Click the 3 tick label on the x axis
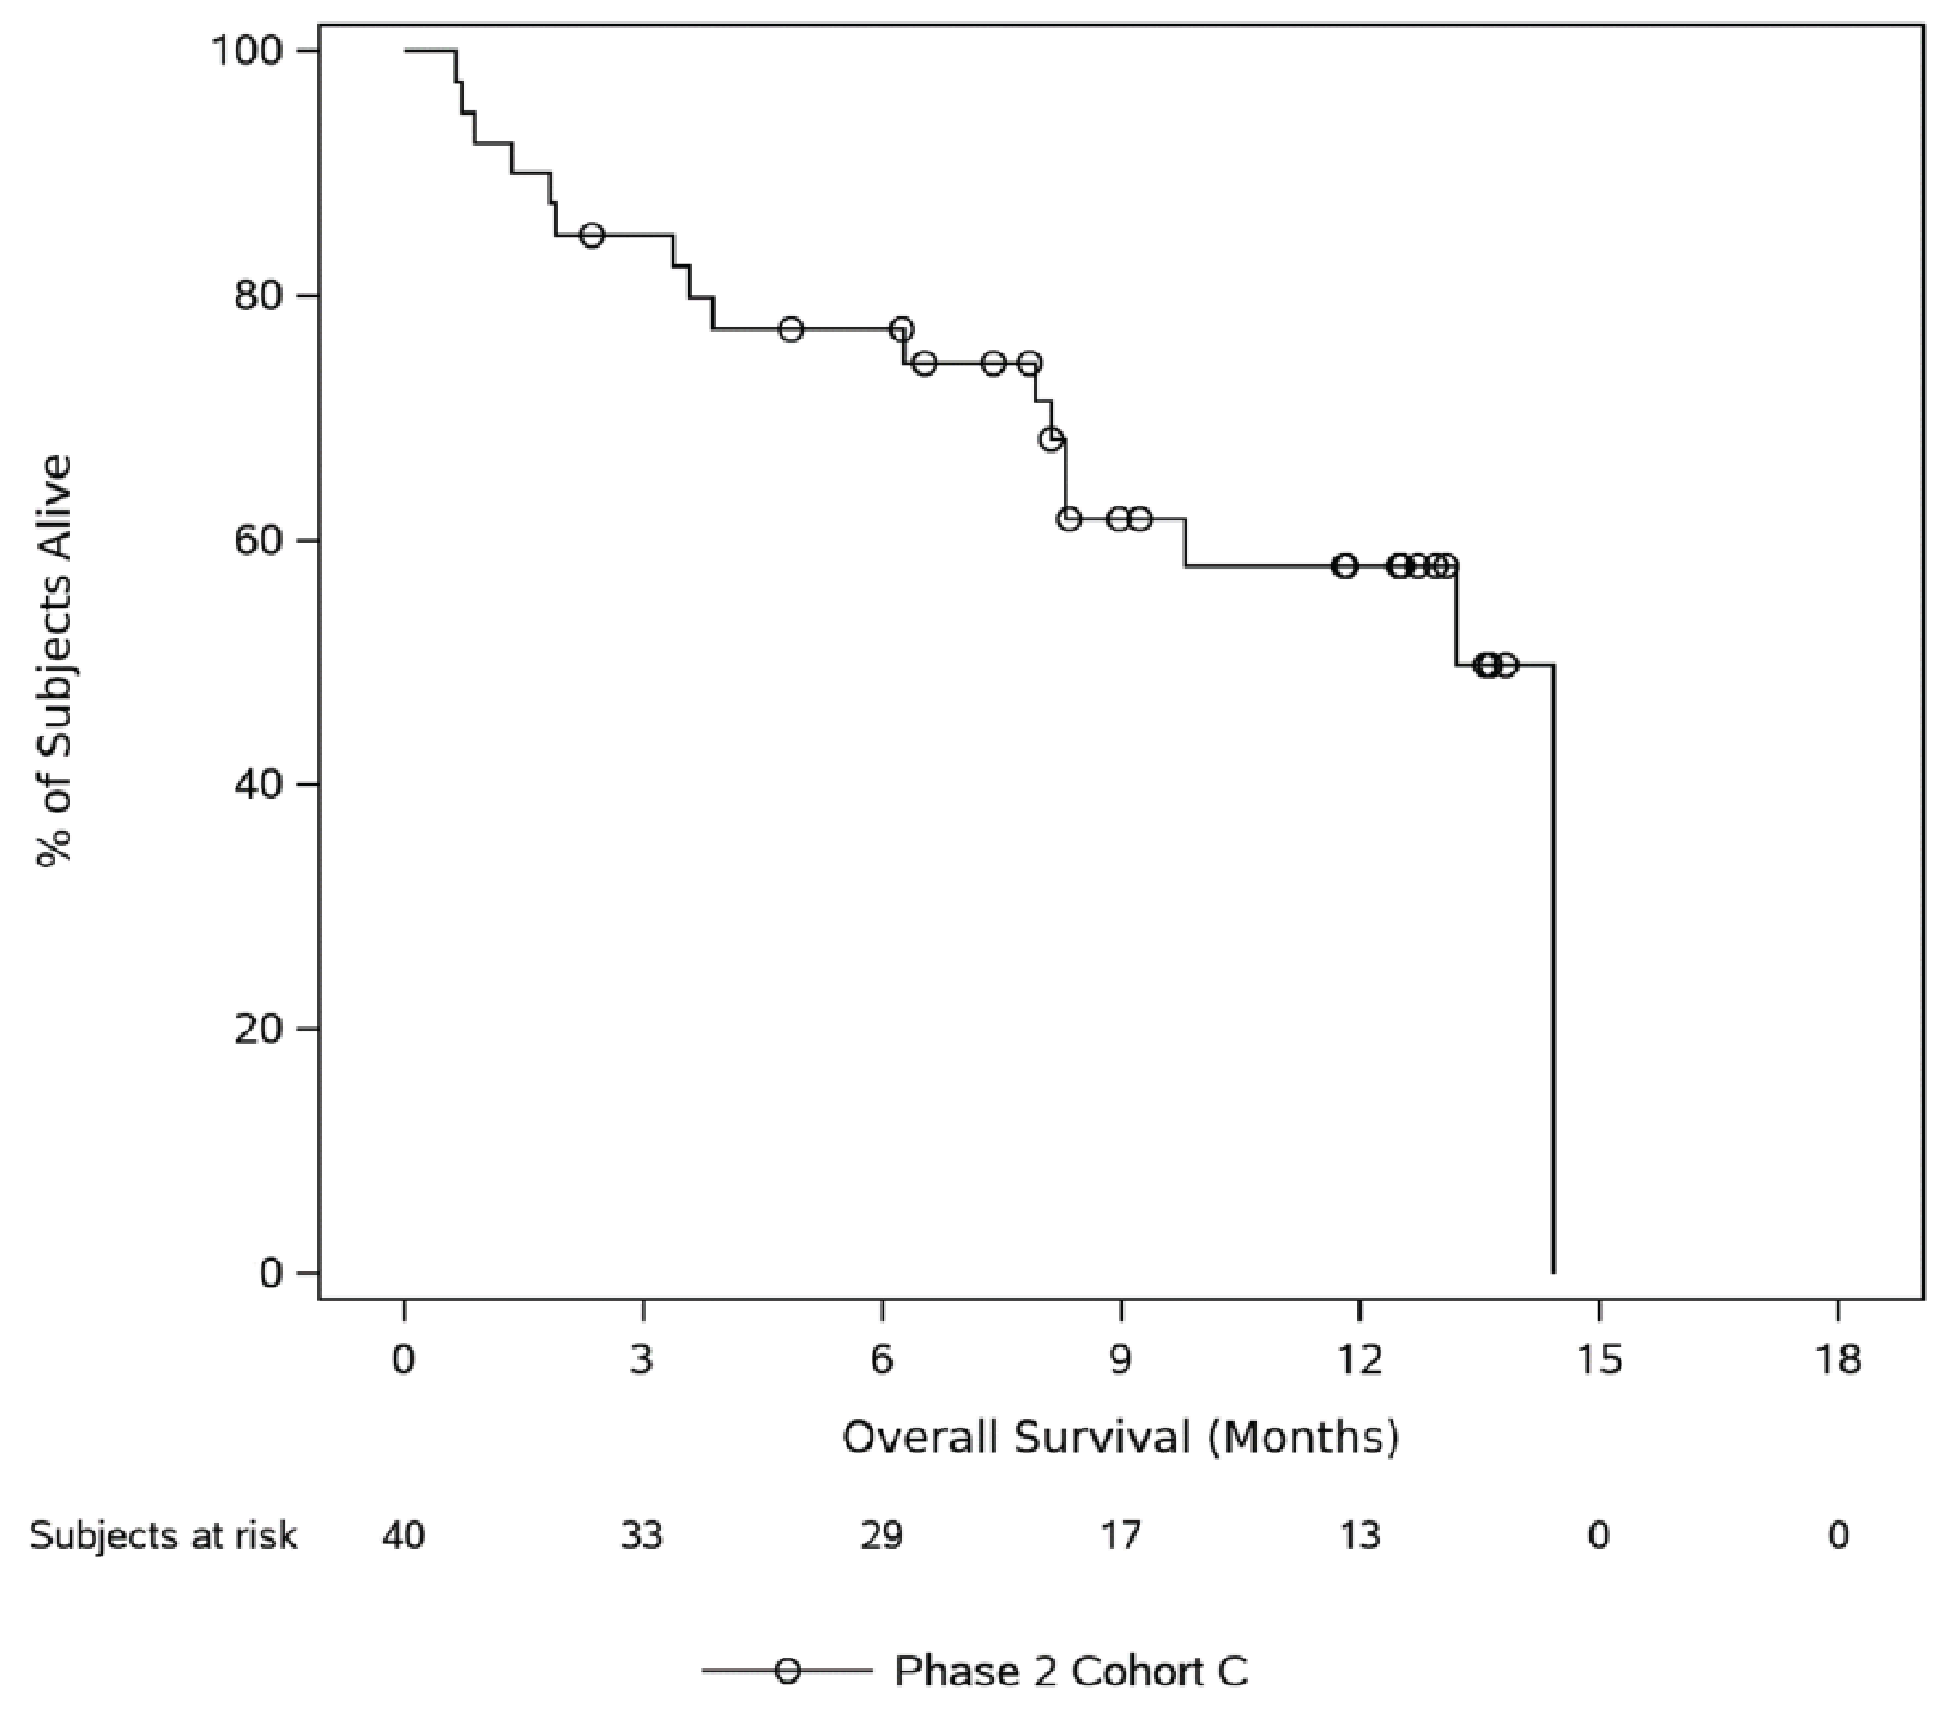(x=643, y=1360)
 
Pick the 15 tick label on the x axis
(x=1598, y=1360)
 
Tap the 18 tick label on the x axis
(x=1838, y=1360)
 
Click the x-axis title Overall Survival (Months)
(x=1120, y=1437)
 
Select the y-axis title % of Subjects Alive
(x=55, y=660)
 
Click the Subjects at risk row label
(x=163, y=1536)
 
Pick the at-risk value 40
(x=404, y=1536)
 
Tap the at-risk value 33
(x=643, y=1536)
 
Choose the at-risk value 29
(x=882, y=1536)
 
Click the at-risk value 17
(x=1120, y=1536)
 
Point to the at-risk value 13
(x=1359, y=1536)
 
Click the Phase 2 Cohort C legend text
(x=1071, y=1671)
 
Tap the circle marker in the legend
(x=788, y=1671)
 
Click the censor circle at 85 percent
(x=592, y=235)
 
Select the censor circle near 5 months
(x=791, y=329)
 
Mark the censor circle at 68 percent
(x=1051, y=440)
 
